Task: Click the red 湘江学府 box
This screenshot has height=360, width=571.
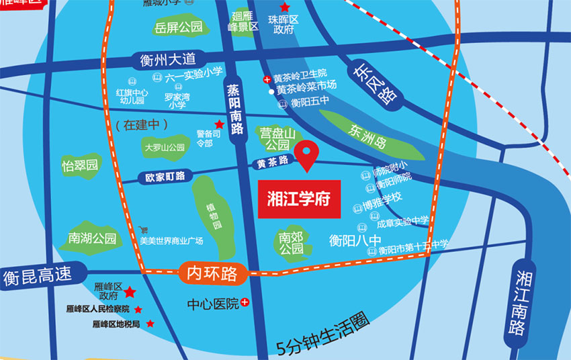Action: (x=299, y=199)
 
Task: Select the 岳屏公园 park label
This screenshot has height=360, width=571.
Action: (x=178, y=27)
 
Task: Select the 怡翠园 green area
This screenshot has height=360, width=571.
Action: (x=80, y=165)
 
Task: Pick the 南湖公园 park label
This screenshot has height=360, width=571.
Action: (x=92, y=238)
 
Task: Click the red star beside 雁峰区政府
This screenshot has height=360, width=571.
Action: (x=130, y=292)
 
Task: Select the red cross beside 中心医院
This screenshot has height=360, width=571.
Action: (x=245, y=304)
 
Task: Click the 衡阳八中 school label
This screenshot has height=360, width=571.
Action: (x=355, y=239)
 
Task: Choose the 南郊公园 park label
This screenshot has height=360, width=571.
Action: (x=291, y=242)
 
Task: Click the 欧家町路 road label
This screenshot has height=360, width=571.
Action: (x=165, y=177)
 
